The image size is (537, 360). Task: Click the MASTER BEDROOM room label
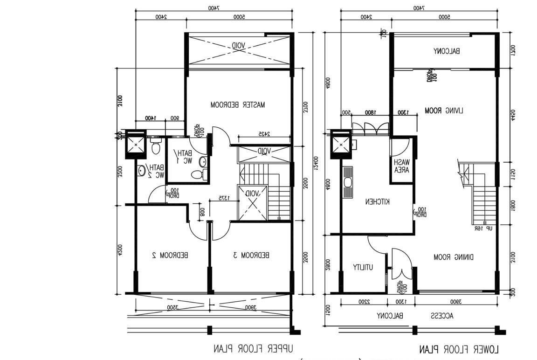[237, 105]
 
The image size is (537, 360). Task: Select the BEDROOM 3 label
[251, 255]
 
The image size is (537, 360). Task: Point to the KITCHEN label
[377, 201]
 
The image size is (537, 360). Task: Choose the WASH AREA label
[401, 166]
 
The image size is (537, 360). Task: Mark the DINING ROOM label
[454, 257]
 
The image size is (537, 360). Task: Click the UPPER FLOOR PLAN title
[254, 348]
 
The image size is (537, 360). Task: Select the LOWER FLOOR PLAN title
[459, 349]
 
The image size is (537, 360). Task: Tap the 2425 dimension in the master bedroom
[264, 134]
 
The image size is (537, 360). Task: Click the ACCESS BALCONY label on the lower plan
[415, 316]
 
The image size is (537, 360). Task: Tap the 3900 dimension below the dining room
[455, 302]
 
